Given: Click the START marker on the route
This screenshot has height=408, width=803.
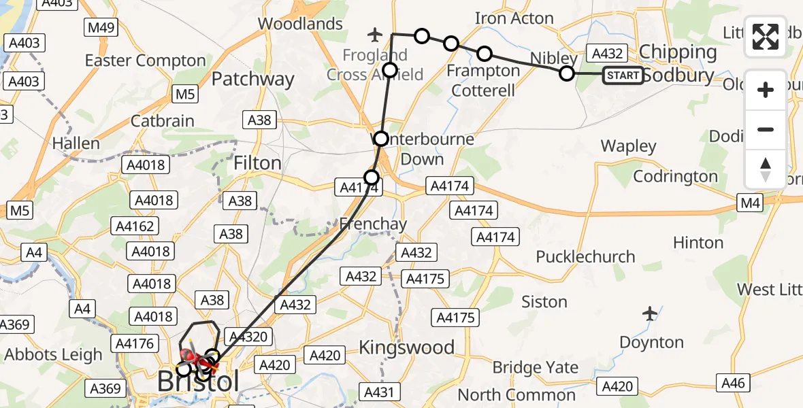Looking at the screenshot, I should coord(623,75).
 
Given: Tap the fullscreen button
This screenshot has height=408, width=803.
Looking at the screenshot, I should coord(766,37).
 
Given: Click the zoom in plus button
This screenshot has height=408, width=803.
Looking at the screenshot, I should coord(766,90).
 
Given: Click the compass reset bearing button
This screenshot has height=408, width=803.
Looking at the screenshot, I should coord(766,169).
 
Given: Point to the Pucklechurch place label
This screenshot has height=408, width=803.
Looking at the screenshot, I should coord(585,257).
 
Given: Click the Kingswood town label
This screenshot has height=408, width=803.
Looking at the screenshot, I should coord(406,347).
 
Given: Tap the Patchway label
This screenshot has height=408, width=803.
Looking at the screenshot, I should coord(252,80).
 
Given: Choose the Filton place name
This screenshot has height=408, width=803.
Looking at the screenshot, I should coord(257,163).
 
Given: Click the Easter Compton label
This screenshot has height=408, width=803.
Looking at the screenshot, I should coord(145,61).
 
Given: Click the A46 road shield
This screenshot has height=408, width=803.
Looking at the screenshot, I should coord(733,384).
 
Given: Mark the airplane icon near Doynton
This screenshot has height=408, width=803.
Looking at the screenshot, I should coord(651,313).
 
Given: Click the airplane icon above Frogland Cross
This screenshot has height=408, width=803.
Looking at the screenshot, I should coord(374,33).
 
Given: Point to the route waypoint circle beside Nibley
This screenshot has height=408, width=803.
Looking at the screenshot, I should coord(567,73).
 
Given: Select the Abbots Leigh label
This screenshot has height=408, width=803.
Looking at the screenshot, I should coord(53,354).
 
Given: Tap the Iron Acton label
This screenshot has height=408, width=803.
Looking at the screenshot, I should coord(514,18).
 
